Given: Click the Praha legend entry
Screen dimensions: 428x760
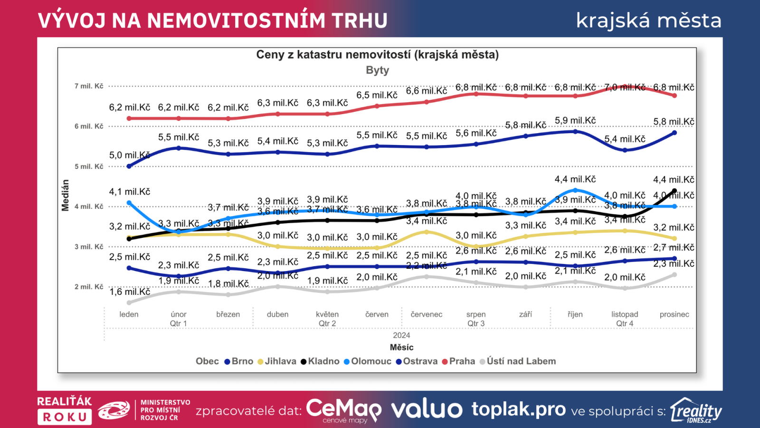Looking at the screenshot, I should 458,361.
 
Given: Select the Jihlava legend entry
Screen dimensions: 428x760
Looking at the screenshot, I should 277,361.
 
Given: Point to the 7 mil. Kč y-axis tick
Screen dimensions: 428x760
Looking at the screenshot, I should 89,86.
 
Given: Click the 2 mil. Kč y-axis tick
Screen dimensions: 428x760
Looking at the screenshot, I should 89,287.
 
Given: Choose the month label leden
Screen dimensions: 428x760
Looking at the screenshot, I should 129,314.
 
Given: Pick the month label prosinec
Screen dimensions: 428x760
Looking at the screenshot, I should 674,314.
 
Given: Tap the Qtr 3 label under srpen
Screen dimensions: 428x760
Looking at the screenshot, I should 476,323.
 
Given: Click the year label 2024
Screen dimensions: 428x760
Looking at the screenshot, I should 401,335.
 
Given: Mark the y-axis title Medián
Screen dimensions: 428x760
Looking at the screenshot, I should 66,195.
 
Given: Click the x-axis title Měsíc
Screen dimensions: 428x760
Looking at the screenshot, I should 401,347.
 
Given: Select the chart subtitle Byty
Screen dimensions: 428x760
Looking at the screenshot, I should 377,70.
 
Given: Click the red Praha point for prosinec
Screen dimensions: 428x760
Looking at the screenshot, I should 674,96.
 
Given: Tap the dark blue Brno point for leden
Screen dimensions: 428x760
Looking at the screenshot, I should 129,166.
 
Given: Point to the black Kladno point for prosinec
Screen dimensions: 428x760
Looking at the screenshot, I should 674,191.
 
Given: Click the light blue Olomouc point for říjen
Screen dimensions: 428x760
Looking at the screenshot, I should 575,190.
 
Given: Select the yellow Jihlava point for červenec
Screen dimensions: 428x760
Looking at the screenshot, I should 427,232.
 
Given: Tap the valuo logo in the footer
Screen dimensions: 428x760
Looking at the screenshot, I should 426,409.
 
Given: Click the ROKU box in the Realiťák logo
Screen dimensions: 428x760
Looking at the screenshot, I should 65,417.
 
